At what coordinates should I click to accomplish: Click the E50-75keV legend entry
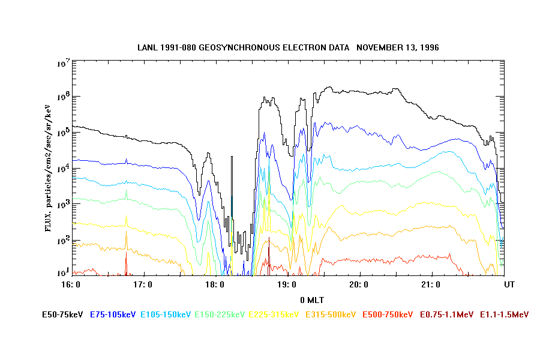pos(63,314)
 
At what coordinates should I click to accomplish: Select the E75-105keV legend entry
pos(113,314)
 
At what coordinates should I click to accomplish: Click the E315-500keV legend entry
pos(331,314)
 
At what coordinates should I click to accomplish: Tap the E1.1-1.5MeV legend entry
pos(504,314)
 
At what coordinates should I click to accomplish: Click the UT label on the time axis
pos(509,284)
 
